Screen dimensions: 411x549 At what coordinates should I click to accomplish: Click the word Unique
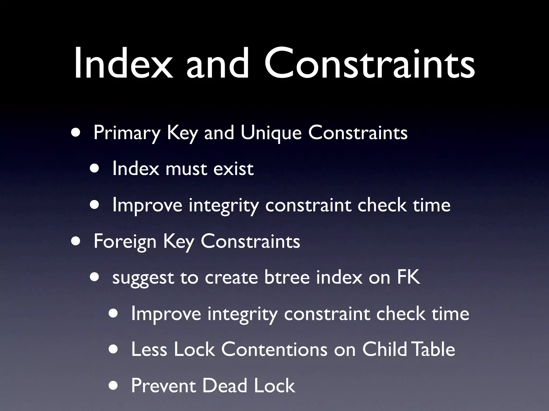pos(271,133)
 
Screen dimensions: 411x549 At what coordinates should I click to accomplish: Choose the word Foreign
pos(125,242)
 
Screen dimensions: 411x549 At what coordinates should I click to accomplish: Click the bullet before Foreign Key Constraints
pos(75,241)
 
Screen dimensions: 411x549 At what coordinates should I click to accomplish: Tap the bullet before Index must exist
pos(94,169)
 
